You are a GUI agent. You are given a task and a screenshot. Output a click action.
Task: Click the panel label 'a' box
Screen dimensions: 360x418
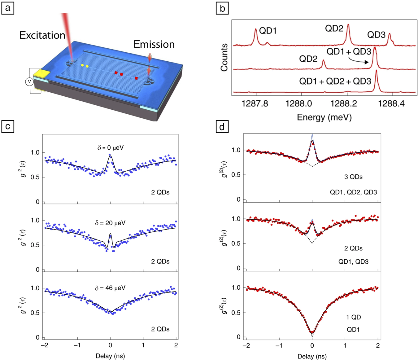coord(8,8)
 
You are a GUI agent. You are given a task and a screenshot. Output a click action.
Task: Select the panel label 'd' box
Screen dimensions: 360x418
coord(222,127)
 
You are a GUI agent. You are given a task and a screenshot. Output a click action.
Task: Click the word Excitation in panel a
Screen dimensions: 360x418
coord(42,35)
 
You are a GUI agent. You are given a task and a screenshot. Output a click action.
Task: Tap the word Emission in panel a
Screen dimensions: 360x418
coord(154,45)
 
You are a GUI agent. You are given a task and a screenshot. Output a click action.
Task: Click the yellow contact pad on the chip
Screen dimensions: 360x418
coord(41,74)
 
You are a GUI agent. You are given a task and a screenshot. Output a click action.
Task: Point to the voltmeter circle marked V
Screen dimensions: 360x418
coord(29,82)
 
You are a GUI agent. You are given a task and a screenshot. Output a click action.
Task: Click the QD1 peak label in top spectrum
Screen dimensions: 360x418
coord(268,31)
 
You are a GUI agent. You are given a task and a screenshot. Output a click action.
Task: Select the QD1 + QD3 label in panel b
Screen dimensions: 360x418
coord(349,52)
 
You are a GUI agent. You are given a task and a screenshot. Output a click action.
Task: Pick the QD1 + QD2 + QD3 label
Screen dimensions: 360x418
coord(335,81)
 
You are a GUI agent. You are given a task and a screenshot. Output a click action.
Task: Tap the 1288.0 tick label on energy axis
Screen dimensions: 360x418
coord(298,103)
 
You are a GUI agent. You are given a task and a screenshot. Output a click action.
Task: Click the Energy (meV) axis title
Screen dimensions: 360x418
coord(324,117)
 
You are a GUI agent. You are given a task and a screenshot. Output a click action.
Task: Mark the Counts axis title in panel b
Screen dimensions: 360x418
coord(224,57)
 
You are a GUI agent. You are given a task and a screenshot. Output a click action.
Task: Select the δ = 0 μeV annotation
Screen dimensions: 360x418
coord(110,148)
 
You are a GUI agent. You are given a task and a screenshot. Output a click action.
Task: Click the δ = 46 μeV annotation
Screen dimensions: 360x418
coord(110,288)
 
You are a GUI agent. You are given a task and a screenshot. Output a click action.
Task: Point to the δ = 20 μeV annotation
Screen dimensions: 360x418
coord(110,223)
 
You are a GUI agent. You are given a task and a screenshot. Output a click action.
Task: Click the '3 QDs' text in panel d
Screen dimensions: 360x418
coord(353,177)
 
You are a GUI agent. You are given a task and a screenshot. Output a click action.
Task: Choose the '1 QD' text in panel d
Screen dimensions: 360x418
coord(353,317)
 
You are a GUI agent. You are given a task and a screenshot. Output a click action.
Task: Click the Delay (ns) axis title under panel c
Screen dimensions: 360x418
coord(110,356)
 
